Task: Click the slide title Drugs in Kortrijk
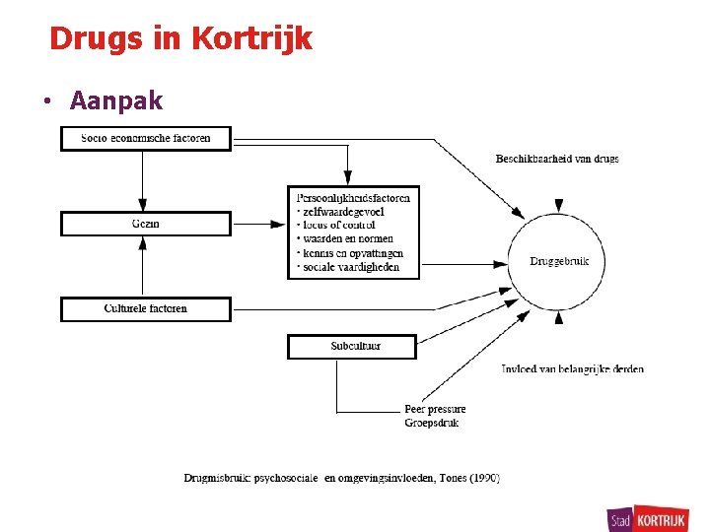point(180,39)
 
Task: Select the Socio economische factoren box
point(145,139)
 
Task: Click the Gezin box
point(145,225)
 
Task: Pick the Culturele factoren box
point(145,309)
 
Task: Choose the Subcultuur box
point(352,347)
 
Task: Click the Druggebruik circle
point(559,261)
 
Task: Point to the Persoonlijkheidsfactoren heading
point(353,197)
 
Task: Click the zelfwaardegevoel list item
point(341,211)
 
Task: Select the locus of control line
point(336,225)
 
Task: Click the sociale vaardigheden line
point(349,267)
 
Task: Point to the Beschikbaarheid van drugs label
point(556,159)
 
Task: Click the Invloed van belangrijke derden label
point(572,369)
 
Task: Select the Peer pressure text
point(435,409)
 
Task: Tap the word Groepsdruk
point(431,423)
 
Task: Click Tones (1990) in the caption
point(470,478)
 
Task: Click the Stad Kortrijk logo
point(649,517)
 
